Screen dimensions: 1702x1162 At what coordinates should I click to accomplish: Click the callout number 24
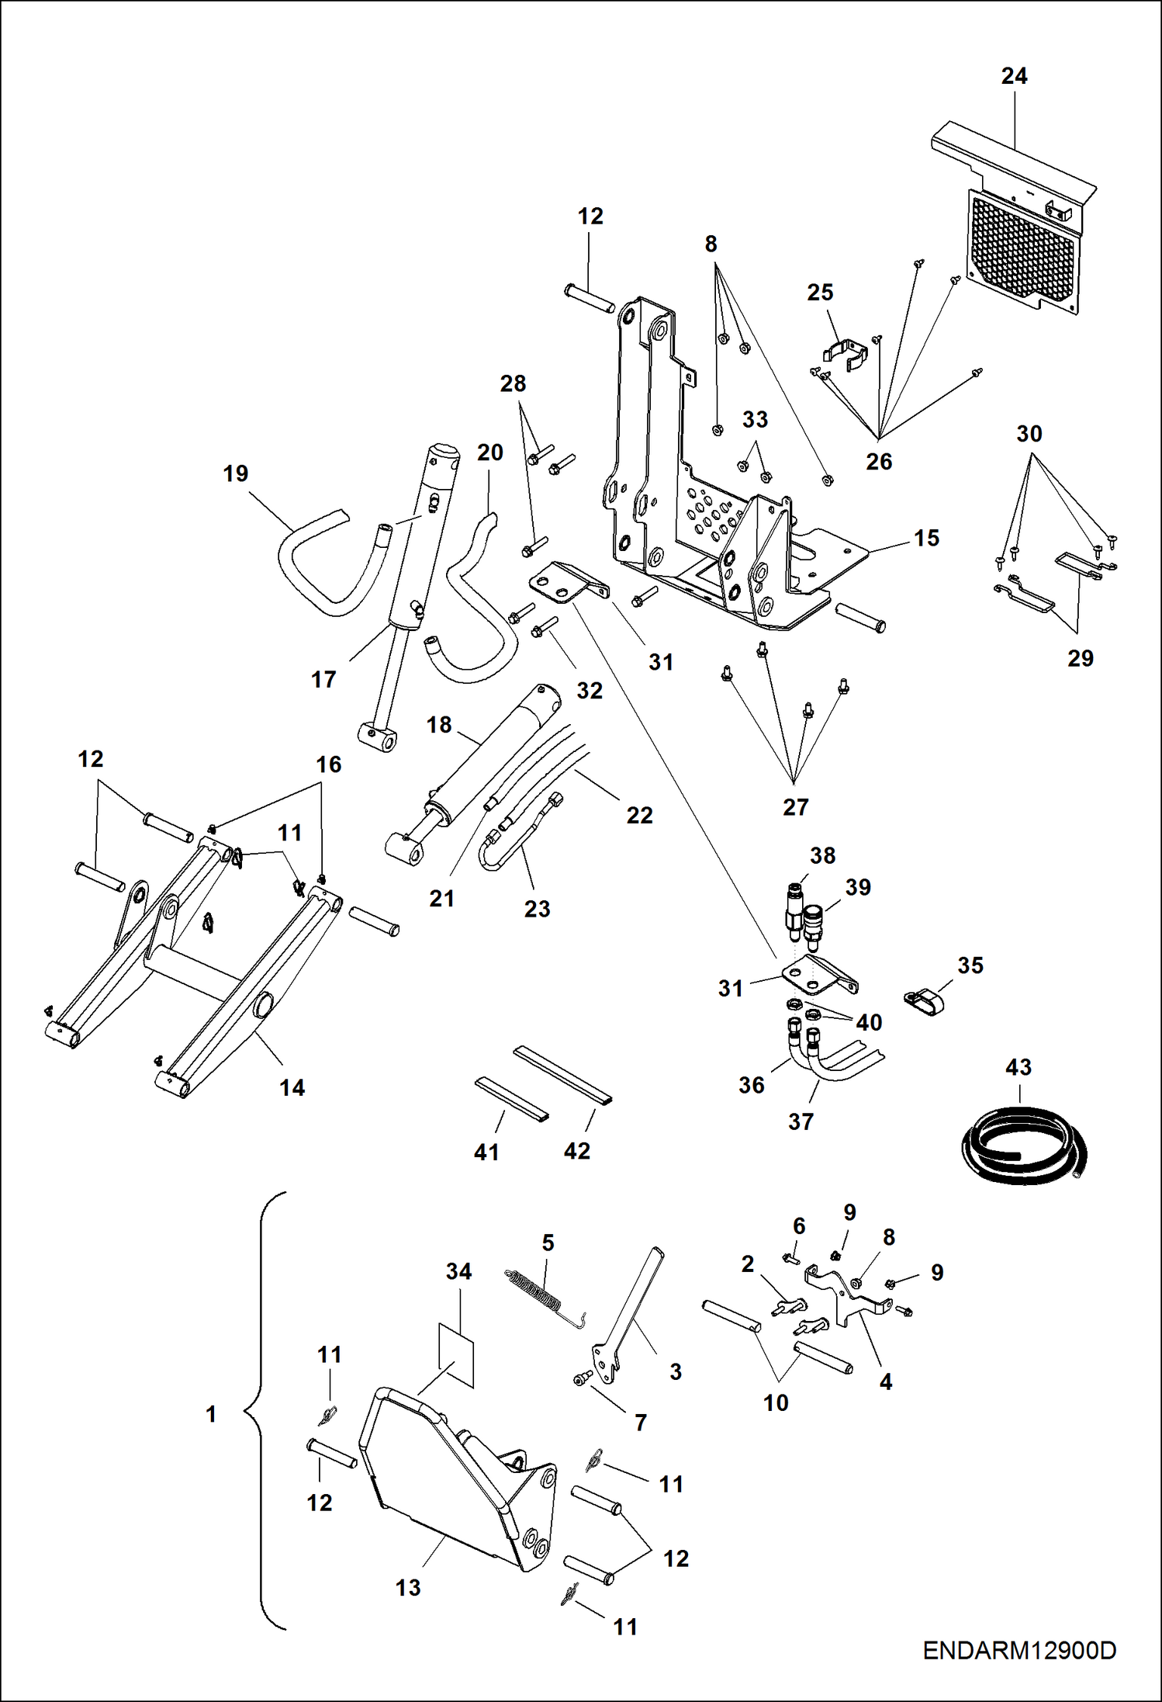tap(1014, 76)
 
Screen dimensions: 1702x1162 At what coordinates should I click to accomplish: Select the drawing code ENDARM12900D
tap(1019, 1650)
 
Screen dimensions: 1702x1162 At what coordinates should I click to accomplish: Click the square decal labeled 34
tap(457, 1355)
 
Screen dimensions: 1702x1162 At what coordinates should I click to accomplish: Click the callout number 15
tap(926, 538)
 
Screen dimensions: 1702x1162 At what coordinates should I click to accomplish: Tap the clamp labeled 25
tap(844, 354)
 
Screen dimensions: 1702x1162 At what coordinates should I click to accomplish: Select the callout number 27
tap(795, 807)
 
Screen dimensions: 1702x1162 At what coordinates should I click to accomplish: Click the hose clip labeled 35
tap(924, 1000)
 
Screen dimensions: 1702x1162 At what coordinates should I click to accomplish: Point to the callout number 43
tap(1018, 1067)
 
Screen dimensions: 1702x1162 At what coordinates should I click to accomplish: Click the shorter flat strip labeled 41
tap(510, 1097)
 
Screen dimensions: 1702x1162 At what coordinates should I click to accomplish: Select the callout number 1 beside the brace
tap(211, 1414)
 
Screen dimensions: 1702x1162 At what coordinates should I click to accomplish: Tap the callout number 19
tap(236, 473)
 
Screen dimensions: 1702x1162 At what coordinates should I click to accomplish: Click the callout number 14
tap(292, 1087)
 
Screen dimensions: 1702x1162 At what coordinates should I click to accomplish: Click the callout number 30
tap(1029, 434)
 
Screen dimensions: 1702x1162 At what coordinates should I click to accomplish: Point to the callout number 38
tap(822, 855)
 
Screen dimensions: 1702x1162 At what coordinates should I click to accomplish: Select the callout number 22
tap(639, 815)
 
